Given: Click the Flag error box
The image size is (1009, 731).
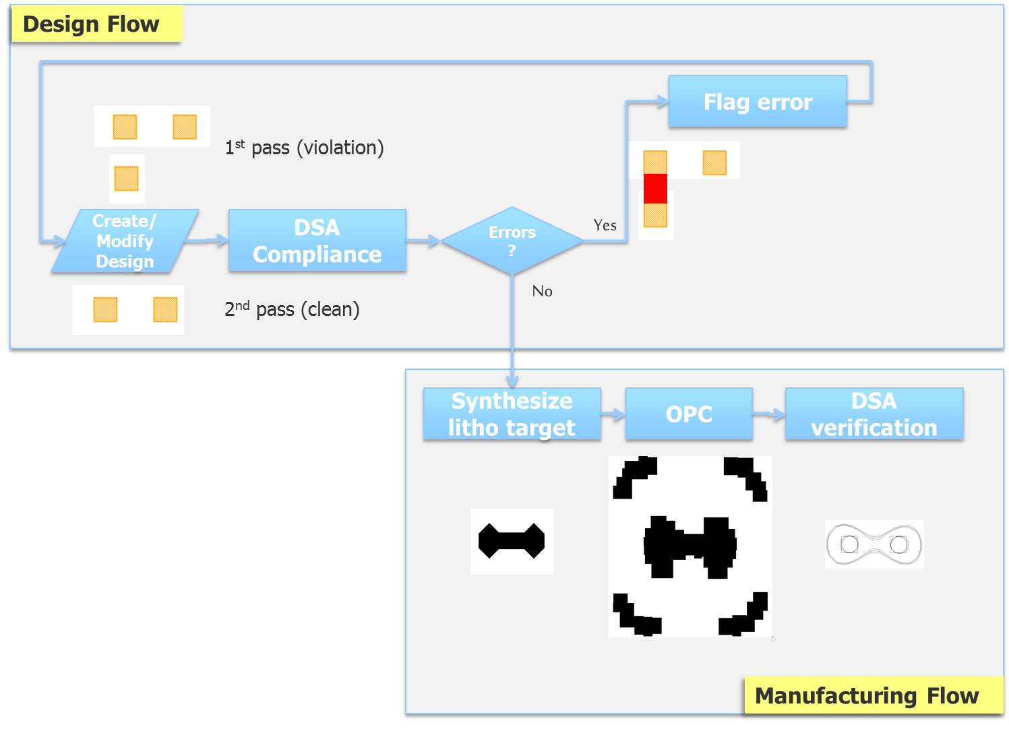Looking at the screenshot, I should point(758,102).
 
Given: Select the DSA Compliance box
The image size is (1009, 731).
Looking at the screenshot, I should point(317,241).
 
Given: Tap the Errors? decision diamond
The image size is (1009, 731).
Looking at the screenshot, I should point(512,241).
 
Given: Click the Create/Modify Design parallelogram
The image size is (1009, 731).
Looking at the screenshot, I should point(125,241).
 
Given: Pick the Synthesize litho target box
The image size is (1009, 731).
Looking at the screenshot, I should point(512,414).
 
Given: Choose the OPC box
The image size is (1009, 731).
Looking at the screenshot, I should point(689,414).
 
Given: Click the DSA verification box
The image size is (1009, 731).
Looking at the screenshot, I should point(874,414).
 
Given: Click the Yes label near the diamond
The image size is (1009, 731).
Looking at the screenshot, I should point(605,225).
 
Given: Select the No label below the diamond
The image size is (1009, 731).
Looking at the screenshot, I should point(542,291).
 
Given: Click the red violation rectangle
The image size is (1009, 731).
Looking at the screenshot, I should point(655,189).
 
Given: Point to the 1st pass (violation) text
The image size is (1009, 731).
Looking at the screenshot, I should point(304,148).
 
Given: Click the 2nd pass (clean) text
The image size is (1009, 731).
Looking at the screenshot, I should point(292,309).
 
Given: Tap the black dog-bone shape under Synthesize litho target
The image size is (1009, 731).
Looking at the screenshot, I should point(512,541).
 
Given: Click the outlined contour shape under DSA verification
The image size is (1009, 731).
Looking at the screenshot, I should point(874,544).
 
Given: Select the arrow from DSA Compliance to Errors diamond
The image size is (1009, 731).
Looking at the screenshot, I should point(423,241).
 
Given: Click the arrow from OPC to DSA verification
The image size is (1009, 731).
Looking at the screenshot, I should point(769,414).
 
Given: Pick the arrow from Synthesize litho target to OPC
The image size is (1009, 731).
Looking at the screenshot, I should point(613,414).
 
